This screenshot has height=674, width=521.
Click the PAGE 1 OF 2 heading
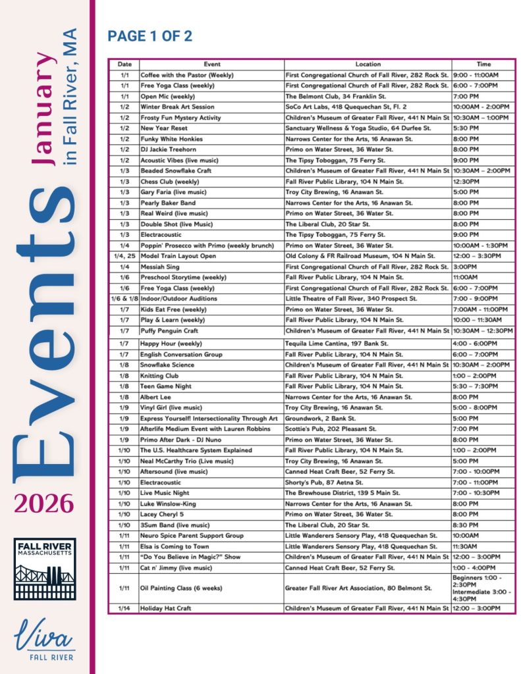point(150,36)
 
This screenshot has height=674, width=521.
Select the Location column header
point(368,65)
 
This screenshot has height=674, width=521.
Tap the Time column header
point(483,65)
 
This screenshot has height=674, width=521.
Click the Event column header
point(212,65)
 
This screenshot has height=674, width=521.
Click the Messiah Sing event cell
point(159,267)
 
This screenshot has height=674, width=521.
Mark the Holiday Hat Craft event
point(165,609)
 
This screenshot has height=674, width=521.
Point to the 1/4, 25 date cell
point(124,256)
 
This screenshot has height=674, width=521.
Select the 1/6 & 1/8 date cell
point(124,298)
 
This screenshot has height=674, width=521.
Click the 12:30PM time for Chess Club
point(466,182)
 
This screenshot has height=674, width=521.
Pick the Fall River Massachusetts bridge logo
point(45,569)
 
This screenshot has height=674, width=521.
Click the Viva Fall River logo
point(44,640)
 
